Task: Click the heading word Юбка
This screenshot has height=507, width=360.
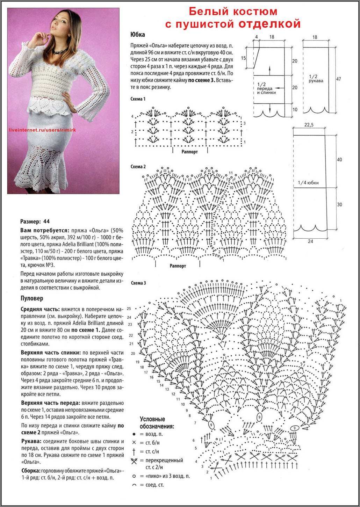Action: [x=137, y=35]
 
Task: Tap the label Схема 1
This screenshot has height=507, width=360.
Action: [x=138, y=99]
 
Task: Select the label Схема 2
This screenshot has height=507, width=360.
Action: [x=138, y=167]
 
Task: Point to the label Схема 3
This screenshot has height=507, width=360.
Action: [x=138, y=283]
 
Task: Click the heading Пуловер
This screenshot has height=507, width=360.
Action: [x=32, y=298]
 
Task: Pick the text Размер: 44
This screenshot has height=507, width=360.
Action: [x=35, y=222]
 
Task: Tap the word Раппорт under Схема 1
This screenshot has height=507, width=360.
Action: [x=189, y=152]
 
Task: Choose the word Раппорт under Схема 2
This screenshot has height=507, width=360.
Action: [x=178, y=266]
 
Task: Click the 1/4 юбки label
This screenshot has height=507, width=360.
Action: [x=308, y=183]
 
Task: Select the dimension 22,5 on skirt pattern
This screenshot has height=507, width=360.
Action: [x=309, y=124]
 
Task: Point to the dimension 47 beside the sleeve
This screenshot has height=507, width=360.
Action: [x=338, y=79]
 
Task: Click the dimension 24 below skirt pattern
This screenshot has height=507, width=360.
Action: [x=310, y=241]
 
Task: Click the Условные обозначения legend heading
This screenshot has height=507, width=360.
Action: [x=157, y=423]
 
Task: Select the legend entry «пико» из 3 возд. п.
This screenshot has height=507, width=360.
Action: [x=164, y=476]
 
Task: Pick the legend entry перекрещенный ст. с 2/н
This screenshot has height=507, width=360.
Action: [x=164, y=463]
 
